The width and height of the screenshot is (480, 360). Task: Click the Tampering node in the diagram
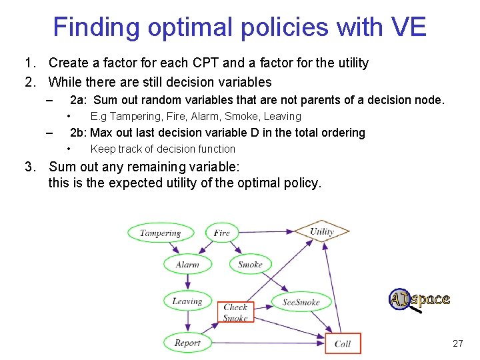click(x=161, y=233)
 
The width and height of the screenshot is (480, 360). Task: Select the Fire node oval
click(x=222, y=233)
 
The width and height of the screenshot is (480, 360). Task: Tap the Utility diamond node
click(x=322, y=232)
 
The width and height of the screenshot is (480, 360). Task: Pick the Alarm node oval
click(x=187, y=264)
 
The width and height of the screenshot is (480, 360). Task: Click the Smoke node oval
click(x=250, y=264)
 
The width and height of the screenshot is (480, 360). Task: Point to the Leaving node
click(x=187, y=301)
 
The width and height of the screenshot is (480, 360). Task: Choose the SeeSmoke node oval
click(x=301, y=302)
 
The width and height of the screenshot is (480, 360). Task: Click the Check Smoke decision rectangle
click(x=235, y=313)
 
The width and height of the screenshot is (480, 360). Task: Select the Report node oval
click(x=187, y=343)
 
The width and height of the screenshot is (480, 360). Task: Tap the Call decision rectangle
click(x=343, y=343)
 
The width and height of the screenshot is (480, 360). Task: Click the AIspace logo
click(x=419, y=300)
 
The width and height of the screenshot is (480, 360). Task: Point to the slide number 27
click(x=457, y=343)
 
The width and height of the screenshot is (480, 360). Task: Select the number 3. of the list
click(x=29, y=166)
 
